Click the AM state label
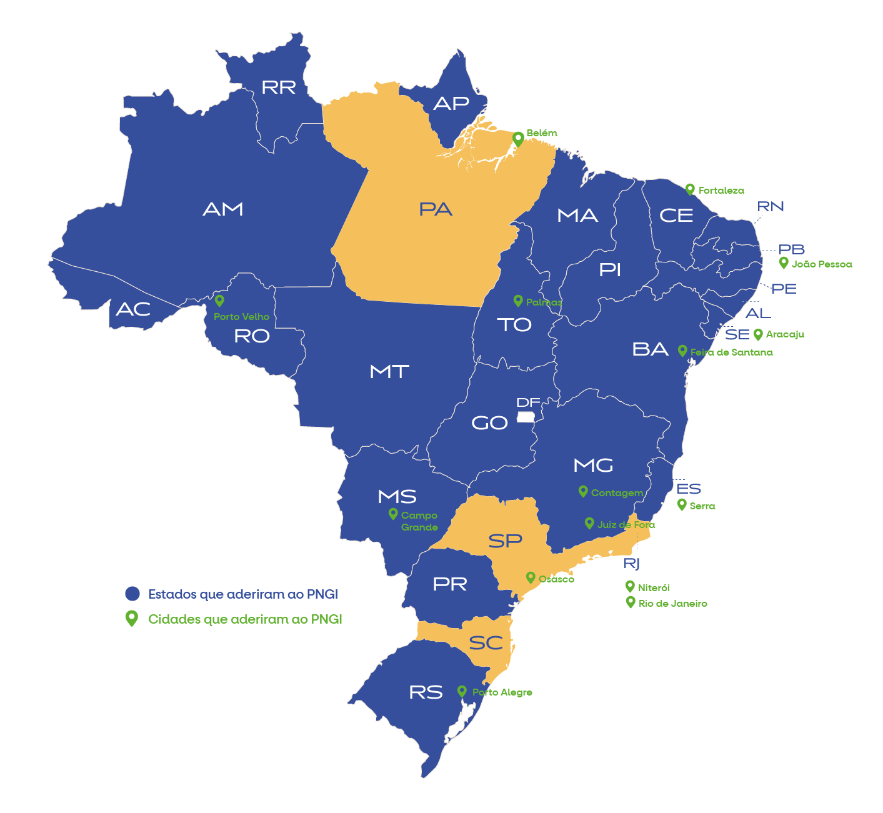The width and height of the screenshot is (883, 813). (223, 209)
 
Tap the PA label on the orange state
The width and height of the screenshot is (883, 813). (436, 209)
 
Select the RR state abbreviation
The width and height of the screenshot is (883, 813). (279, 87)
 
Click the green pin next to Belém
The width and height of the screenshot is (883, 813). (518, 138)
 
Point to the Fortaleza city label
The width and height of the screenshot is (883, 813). (721, 191)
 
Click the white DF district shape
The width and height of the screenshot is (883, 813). (526, 416)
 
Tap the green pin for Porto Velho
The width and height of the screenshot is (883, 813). (219, 301)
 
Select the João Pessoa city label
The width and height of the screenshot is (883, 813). (821, 264)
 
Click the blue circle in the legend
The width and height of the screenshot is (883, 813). (132, 594)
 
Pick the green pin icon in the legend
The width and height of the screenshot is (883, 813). (131, 618)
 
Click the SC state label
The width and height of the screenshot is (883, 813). (486, 642)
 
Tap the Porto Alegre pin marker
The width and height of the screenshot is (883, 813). (462, 691)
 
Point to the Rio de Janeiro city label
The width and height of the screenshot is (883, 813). (672, 604)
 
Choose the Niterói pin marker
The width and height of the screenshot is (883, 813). (630, 586)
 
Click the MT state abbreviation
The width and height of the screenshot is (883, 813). (389, 372)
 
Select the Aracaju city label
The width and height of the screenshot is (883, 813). (785, 334)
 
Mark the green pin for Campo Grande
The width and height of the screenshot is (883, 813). (393, 514)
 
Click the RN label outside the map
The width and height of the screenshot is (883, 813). (770, 207)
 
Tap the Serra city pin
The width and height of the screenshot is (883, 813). (682, 504)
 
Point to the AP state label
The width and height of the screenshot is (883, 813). (451, 104)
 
